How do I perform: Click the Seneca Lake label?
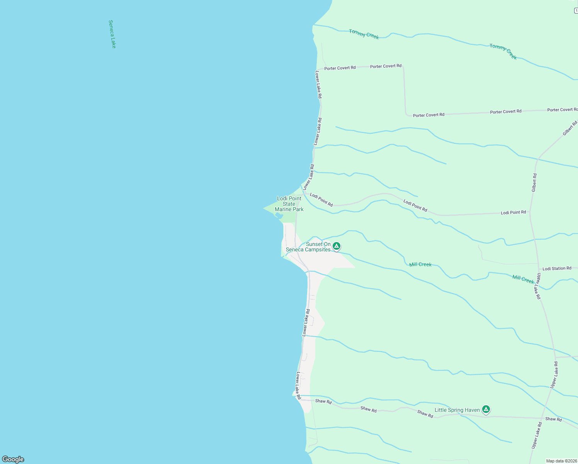click(112, 34)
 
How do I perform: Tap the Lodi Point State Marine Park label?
click(289, 204)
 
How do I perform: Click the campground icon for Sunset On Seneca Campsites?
click(337, 246)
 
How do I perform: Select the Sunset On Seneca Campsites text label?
click(309, 247)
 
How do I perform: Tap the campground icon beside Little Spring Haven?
click(486, 409)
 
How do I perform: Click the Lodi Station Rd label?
click(557, 268)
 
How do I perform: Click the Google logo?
click(13, 459)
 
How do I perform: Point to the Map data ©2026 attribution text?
click(561, 461)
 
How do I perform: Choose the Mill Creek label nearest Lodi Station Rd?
click(523, 279)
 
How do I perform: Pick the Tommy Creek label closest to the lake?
click(364, 34)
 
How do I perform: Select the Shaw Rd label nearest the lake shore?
click(323, 401)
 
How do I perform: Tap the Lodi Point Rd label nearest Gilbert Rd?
click(513, 212)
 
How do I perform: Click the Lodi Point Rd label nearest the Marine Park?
click(321, 200)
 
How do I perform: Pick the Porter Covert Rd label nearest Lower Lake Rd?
click(340, 68)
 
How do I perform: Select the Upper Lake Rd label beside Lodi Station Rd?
click(538, 286)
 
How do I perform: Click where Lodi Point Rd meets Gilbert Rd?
click(530, 212)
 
